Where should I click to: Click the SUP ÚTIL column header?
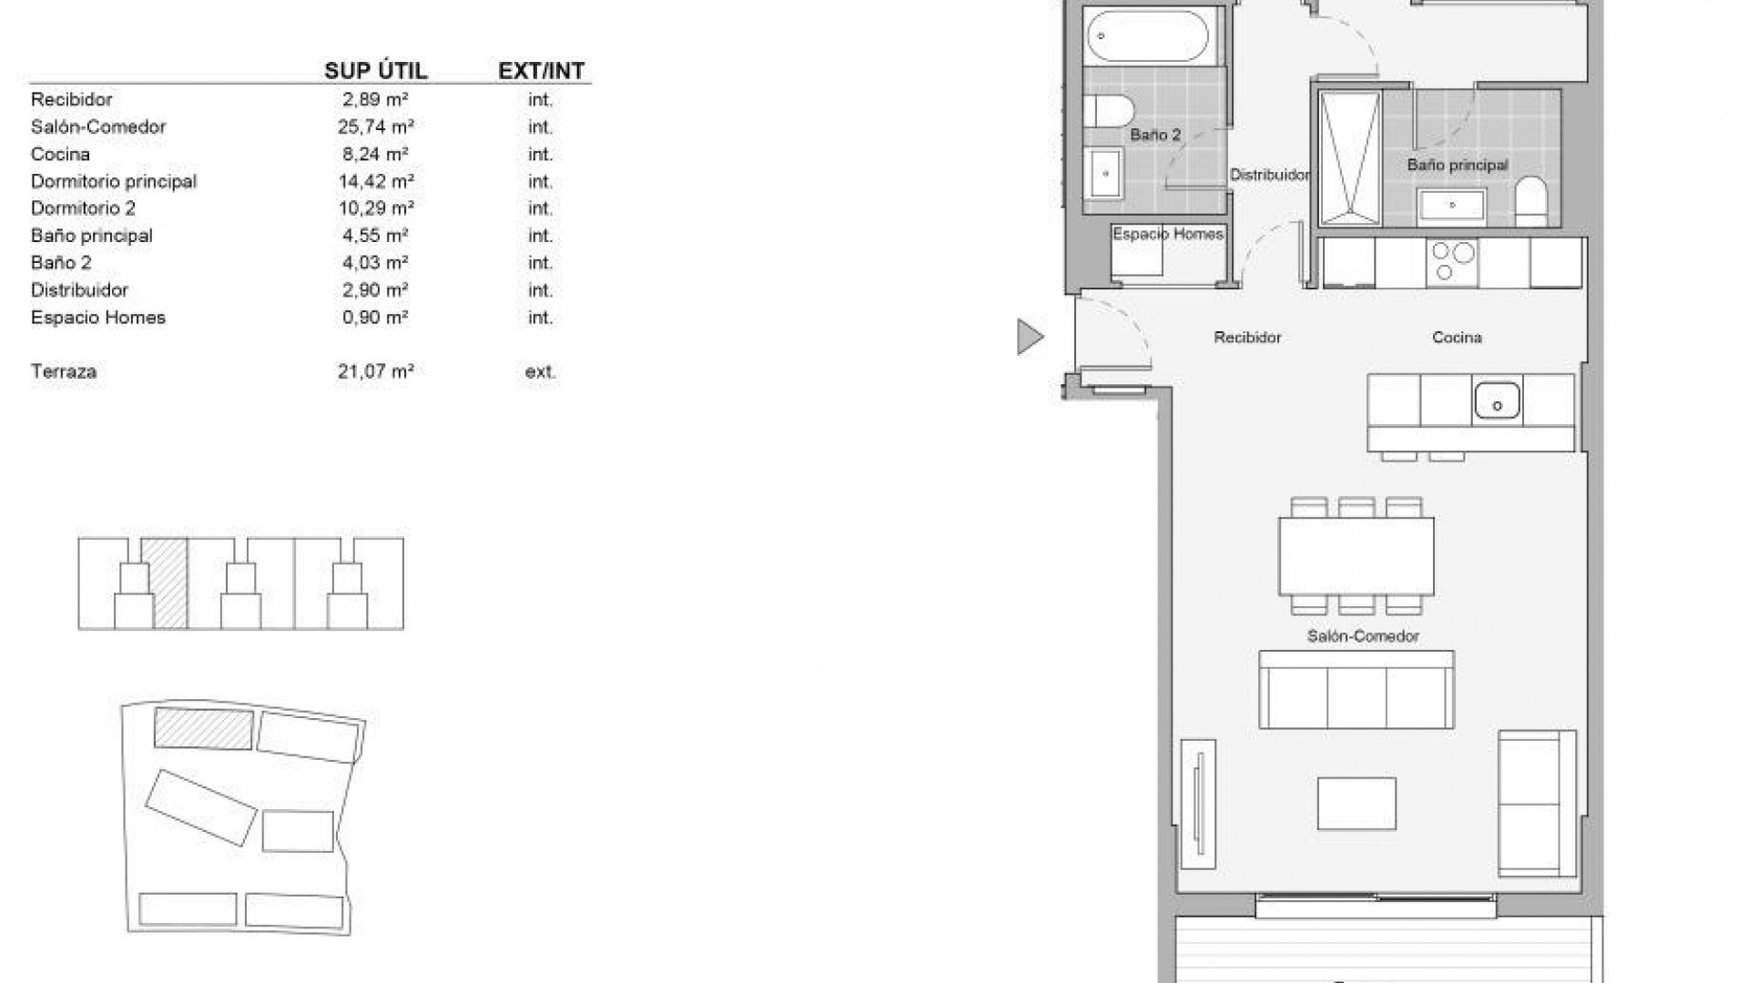pos(375,71)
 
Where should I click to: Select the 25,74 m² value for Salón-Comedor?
pos(375,127)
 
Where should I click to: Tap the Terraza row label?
pos(64,371)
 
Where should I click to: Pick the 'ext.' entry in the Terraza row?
pos(541,371)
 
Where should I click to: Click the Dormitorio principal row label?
pos(114,181)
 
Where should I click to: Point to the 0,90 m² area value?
pos(375,318)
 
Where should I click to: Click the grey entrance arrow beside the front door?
pos(1029,337)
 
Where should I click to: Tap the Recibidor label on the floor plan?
pos(1247,338)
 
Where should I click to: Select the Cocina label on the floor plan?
pos(1457,338)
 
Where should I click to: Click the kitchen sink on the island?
pos(1497,400)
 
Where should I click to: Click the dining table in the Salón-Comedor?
pos(1356,555)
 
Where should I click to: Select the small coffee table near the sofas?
pos(1357,803)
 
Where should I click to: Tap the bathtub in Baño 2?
pos(1146,35)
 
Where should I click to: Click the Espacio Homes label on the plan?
pos(1168,234)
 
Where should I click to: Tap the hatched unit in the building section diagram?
pos(169,583)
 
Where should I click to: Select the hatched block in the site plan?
pos(203,728)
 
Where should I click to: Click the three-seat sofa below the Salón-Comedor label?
pos(1356,690)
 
